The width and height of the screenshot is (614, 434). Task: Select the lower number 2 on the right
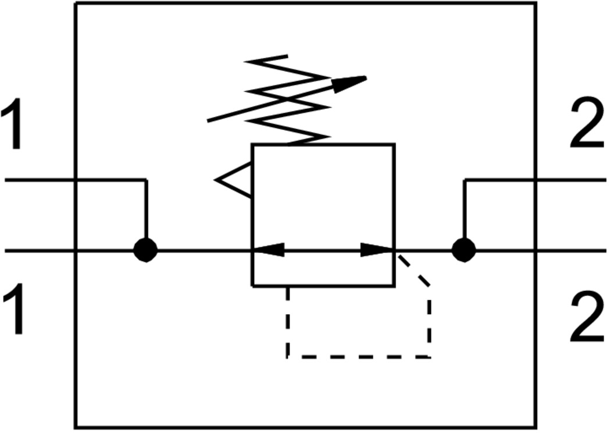(x=587, y=317)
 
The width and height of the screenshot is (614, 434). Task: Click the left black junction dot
(x=145, y=251)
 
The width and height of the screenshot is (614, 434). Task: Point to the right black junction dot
(x=463, y=251)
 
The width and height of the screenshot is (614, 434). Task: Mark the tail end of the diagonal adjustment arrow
(x=209, y=120)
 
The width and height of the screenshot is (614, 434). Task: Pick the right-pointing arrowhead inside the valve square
(x=377, y=250)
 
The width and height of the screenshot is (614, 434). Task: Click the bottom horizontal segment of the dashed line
(x=358, y=357)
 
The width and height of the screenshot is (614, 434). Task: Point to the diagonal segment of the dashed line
(x=413, y=269)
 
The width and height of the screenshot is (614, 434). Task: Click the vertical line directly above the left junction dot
(x=146, y=209)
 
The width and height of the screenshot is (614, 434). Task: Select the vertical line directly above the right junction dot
(x=464, y=209)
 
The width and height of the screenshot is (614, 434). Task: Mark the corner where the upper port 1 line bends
(x=146, y=180)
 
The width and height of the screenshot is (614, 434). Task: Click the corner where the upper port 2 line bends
(x=464, y=180)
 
